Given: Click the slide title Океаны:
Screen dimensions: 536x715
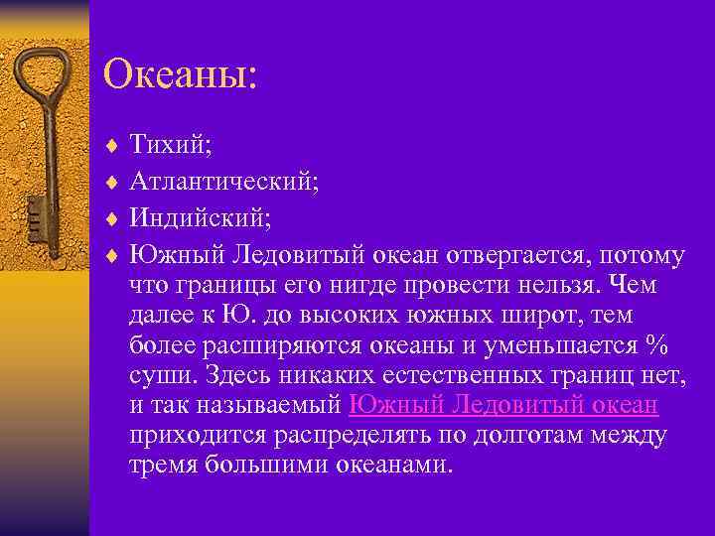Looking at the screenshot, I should coord(180,75).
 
